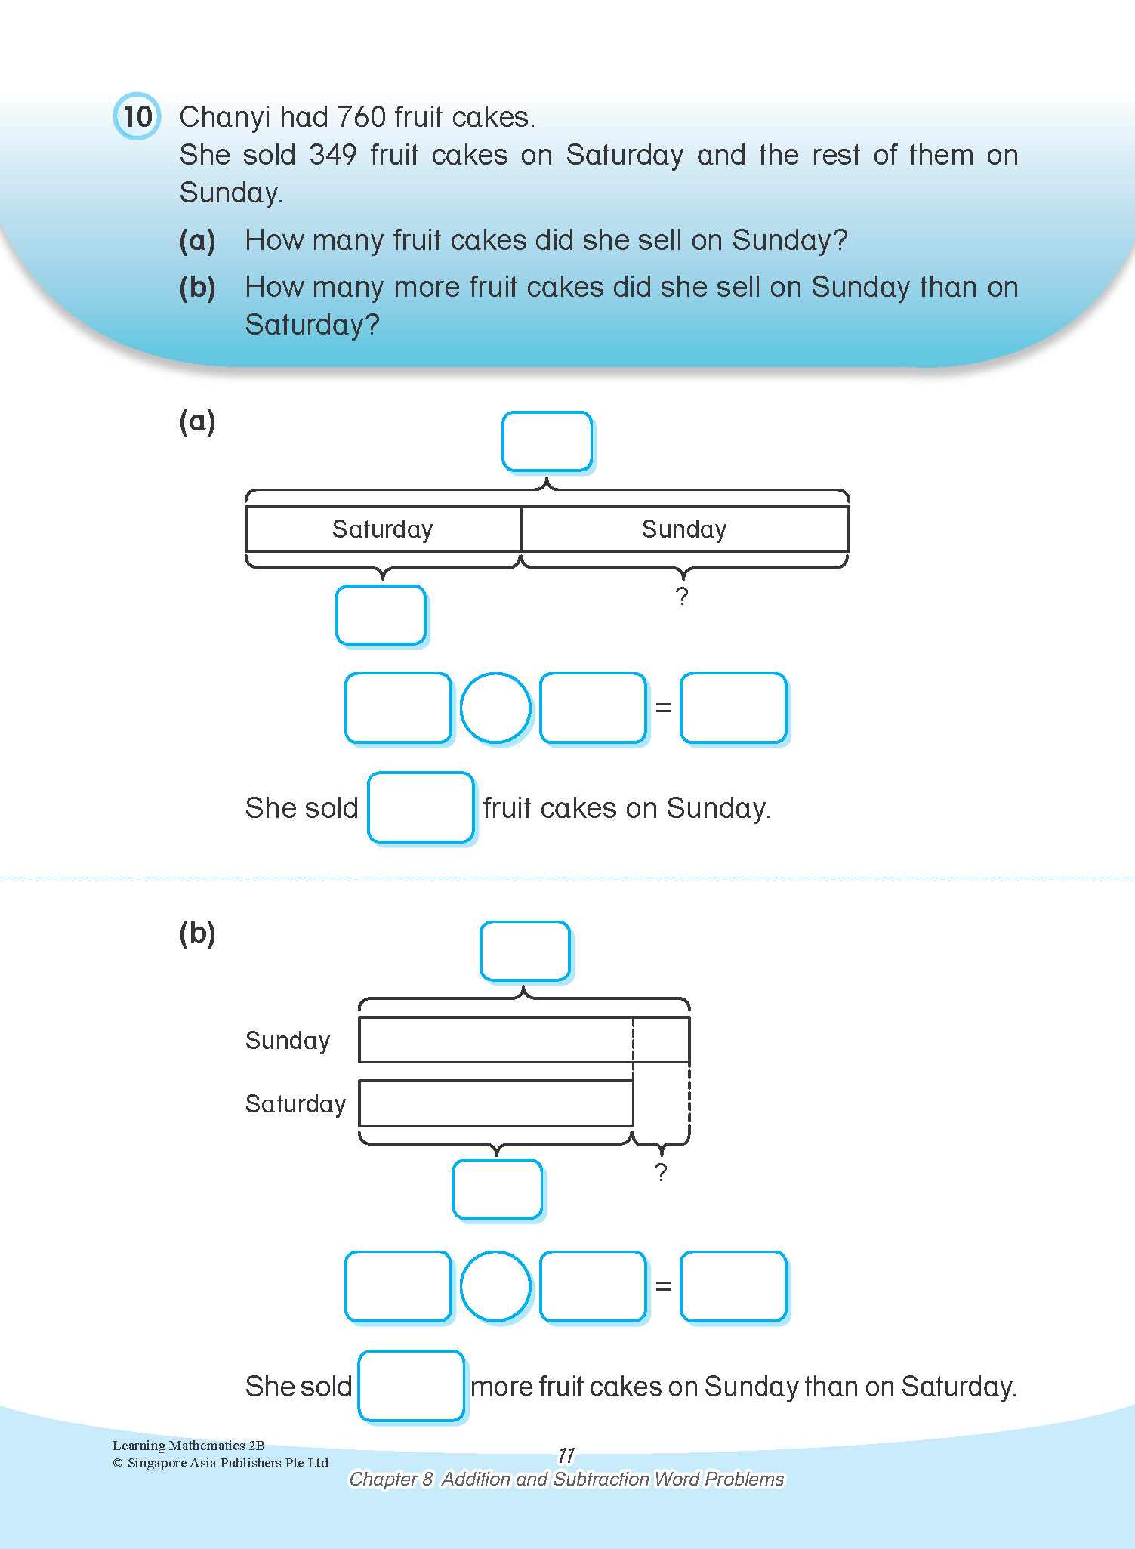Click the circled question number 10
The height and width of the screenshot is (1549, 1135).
pos(137,116)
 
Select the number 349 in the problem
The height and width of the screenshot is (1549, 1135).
pos(332,155)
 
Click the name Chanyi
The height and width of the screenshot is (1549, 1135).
pos(224,118)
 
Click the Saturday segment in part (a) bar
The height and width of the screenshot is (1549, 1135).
pos(383,529)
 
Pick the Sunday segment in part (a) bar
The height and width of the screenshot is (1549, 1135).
pos(684,529)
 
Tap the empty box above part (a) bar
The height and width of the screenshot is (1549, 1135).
pos(547,441)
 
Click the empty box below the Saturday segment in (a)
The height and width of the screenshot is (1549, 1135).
pos(381,615)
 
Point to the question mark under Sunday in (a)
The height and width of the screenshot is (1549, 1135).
pos(682,597)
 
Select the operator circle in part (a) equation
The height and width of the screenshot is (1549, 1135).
pos(495,708)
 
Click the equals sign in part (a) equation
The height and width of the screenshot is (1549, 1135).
pos(663,708)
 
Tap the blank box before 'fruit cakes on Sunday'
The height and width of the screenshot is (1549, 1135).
pos(421,807)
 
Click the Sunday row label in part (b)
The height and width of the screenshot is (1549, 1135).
pos(288,1040)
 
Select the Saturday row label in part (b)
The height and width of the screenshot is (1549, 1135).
pos(295,1103)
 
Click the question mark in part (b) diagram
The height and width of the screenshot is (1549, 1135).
pos(661,1172)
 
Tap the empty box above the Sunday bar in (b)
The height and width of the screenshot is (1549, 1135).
pos(525,951)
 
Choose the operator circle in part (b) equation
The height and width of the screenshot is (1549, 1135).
pos(495,1286)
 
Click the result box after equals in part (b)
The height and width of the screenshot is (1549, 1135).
pos(733,1286)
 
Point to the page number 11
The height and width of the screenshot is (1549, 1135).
pos(566,1455)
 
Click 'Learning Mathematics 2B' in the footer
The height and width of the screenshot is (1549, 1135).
pos(188,1445)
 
